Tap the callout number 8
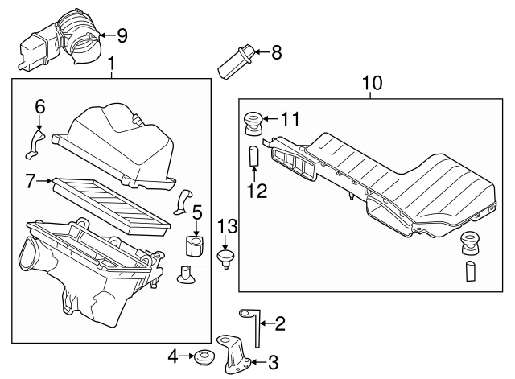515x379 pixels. click(276, 53)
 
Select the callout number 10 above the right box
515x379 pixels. click(372, 83)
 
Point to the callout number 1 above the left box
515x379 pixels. click(112, 63)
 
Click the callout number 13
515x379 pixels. click(228, 225)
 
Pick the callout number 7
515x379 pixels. click(31, 183)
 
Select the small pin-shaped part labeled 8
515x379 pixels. click(235, 62)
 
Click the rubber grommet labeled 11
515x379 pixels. click(253, 126)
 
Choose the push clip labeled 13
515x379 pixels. click(226, 257)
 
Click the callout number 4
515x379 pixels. click(173, 355)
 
